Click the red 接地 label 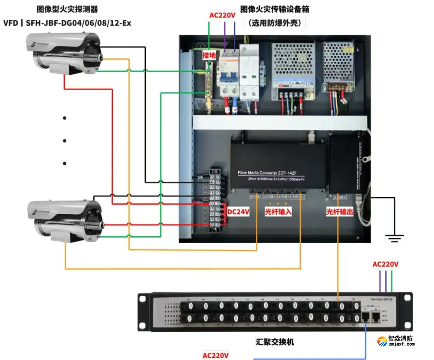(209, 55)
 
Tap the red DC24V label (238, 211)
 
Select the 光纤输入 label (278, 211)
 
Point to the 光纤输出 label (339, 211)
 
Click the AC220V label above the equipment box (222, 15)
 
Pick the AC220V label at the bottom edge (215, 355)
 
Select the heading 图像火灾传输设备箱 (278, 9)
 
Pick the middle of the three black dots (65, 140)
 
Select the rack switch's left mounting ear (144, 312)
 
